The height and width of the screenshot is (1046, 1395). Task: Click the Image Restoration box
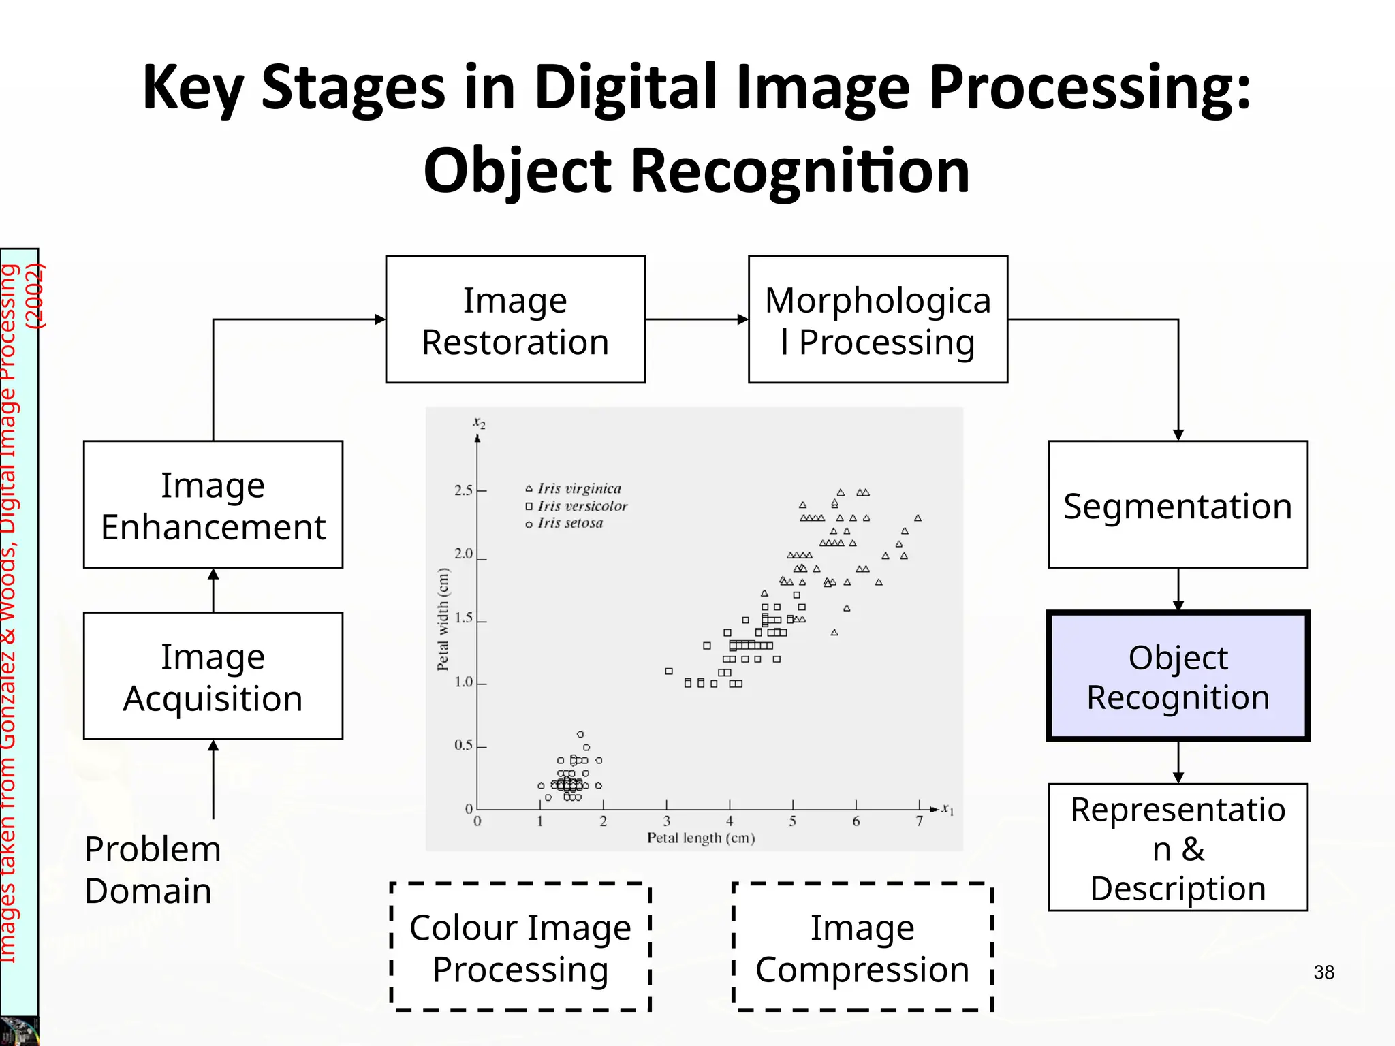(x=515, y=319)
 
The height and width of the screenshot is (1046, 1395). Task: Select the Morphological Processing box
(x=877, y=319)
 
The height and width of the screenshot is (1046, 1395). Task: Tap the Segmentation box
(x=1178, y=505)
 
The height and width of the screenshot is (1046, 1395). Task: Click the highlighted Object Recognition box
(x=1178, y=676)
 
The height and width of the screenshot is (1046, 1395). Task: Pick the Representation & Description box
(x=1178, y=847)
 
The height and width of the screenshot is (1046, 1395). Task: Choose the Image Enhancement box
(x=213, y=505)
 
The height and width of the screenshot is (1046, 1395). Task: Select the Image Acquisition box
(x=213, y=676)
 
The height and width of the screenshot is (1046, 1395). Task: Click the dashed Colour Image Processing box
(x=520, y=947)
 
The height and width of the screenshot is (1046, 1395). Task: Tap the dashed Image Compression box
(x=862, y=947)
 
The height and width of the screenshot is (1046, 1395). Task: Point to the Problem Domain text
(x=153, y=870)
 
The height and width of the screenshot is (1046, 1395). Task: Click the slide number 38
(x=1323, y=972)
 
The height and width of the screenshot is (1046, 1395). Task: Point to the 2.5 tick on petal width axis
(x=464, y=490)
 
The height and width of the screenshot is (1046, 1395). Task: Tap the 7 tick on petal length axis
(x=919, y=821)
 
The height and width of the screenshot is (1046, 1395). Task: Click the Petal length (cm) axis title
(x=701, y=838)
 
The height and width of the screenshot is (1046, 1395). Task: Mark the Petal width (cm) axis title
(x=443, y=619)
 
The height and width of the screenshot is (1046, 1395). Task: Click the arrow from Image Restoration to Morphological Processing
(x=696, y=319)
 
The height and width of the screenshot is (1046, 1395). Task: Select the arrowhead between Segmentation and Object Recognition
(x=1178, y=605)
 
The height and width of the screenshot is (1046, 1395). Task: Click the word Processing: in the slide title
(x=1090, y=89)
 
